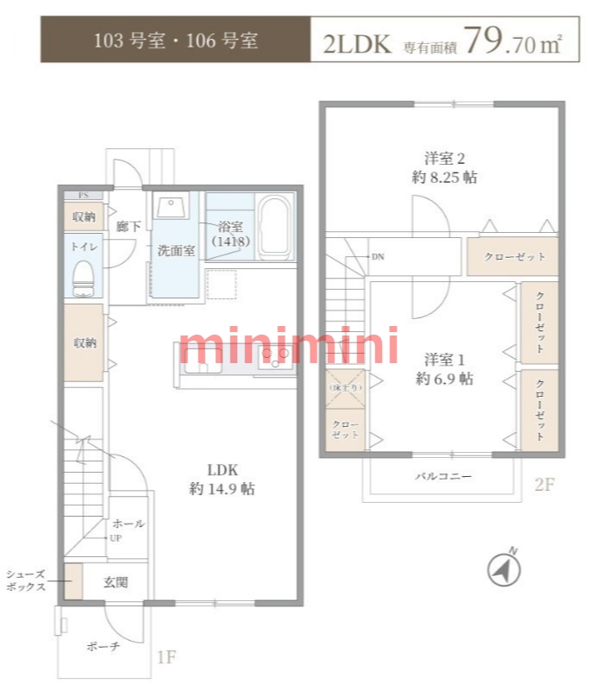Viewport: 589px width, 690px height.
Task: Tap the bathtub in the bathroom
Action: point(276,227)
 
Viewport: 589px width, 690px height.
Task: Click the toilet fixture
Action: point(84,277)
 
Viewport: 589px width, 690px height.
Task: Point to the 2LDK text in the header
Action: point(357,43)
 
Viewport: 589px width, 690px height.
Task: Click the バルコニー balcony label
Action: point(443,475)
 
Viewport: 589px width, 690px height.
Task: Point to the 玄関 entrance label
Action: point(116,582)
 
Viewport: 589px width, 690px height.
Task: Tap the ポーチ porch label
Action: point(103,646)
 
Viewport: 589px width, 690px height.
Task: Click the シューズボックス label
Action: point(25,580)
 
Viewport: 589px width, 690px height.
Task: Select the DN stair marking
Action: point(378,257)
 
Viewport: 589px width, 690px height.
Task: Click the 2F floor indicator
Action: point(543,485)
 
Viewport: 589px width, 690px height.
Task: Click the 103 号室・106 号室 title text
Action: point(176,41)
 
